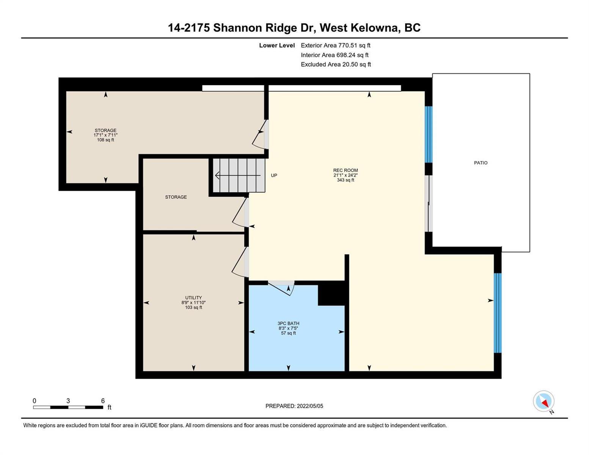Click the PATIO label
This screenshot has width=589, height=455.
click(x=481, y=163)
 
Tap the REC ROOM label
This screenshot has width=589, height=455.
click(x=346, y=170)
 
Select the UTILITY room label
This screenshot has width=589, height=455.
click(x=193, y=298)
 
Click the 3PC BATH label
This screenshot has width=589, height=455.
click(x=288, y=323)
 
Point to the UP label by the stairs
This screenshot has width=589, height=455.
click(x=274, y=175)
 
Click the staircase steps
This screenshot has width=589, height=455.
click(x=239, y=175)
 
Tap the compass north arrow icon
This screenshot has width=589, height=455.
click(x=544, y=402)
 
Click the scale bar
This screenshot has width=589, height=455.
click(x=68, y=407)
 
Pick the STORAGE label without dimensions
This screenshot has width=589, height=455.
click(x=176, y=197)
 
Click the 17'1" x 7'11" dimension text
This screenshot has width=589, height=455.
click(x=105, y=135)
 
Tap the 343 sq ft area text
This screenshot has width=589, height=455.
click(x=346, y=180)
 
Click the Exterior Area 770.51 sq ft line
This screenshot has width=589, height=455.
click(x=336, y=45)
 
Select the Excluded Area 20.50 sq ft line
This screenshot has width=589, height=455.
click(x=336, y=64)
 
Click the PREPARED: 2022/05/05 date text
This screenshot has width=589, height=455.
click(x=294, y=406)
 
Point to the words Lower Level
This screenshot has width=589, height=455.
click(x=277, y=45)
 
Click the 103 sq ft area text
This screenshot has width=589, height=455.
click(x=193, y=307)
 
